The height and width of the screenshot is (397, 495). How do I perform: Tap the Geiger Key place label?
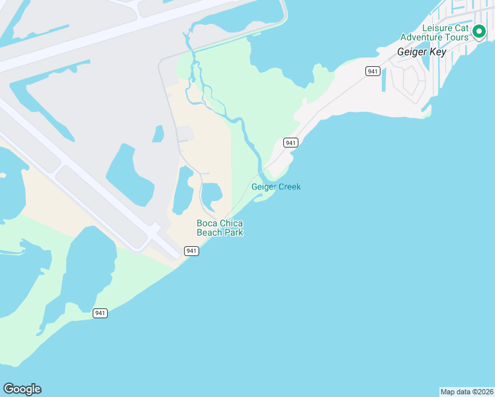tap(421, 52)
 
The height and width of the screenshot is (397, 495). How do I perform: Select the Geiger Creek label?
tap(276, 187)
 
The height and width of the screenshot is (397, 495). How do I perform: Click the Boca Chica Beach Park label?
tap(220, 228)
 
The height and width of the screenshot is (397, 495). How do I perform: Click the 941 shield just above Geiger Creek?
tap(290, 143)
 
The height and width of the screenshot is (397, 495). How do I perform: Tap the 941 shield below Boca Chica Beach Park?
tap(191, 251)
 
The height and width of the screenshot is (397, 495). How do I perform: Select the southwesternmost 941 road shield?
tap(100, 313)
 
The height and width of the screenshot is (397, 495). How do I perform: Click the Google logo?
tap(22, 389)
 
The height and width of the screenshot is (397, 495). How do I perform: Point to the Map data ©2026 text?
tap(467, 392)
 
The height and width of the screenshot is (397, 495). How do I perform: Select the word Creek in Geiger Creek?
tap(289, 187)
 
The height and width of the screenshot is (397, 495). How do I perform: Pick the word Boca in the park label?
tap(207, 223)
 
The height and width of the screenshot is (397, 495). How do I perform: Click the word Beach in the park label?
tap(210, 232)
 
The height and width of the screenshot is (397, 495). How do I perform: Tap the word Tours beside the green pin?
tap(457, 37)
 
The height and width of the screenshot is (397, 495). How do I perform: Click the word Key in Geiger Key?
tap(437, 52)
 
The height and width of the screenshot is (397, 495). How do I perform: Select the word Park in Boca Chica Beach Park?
tap(234, 232)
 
